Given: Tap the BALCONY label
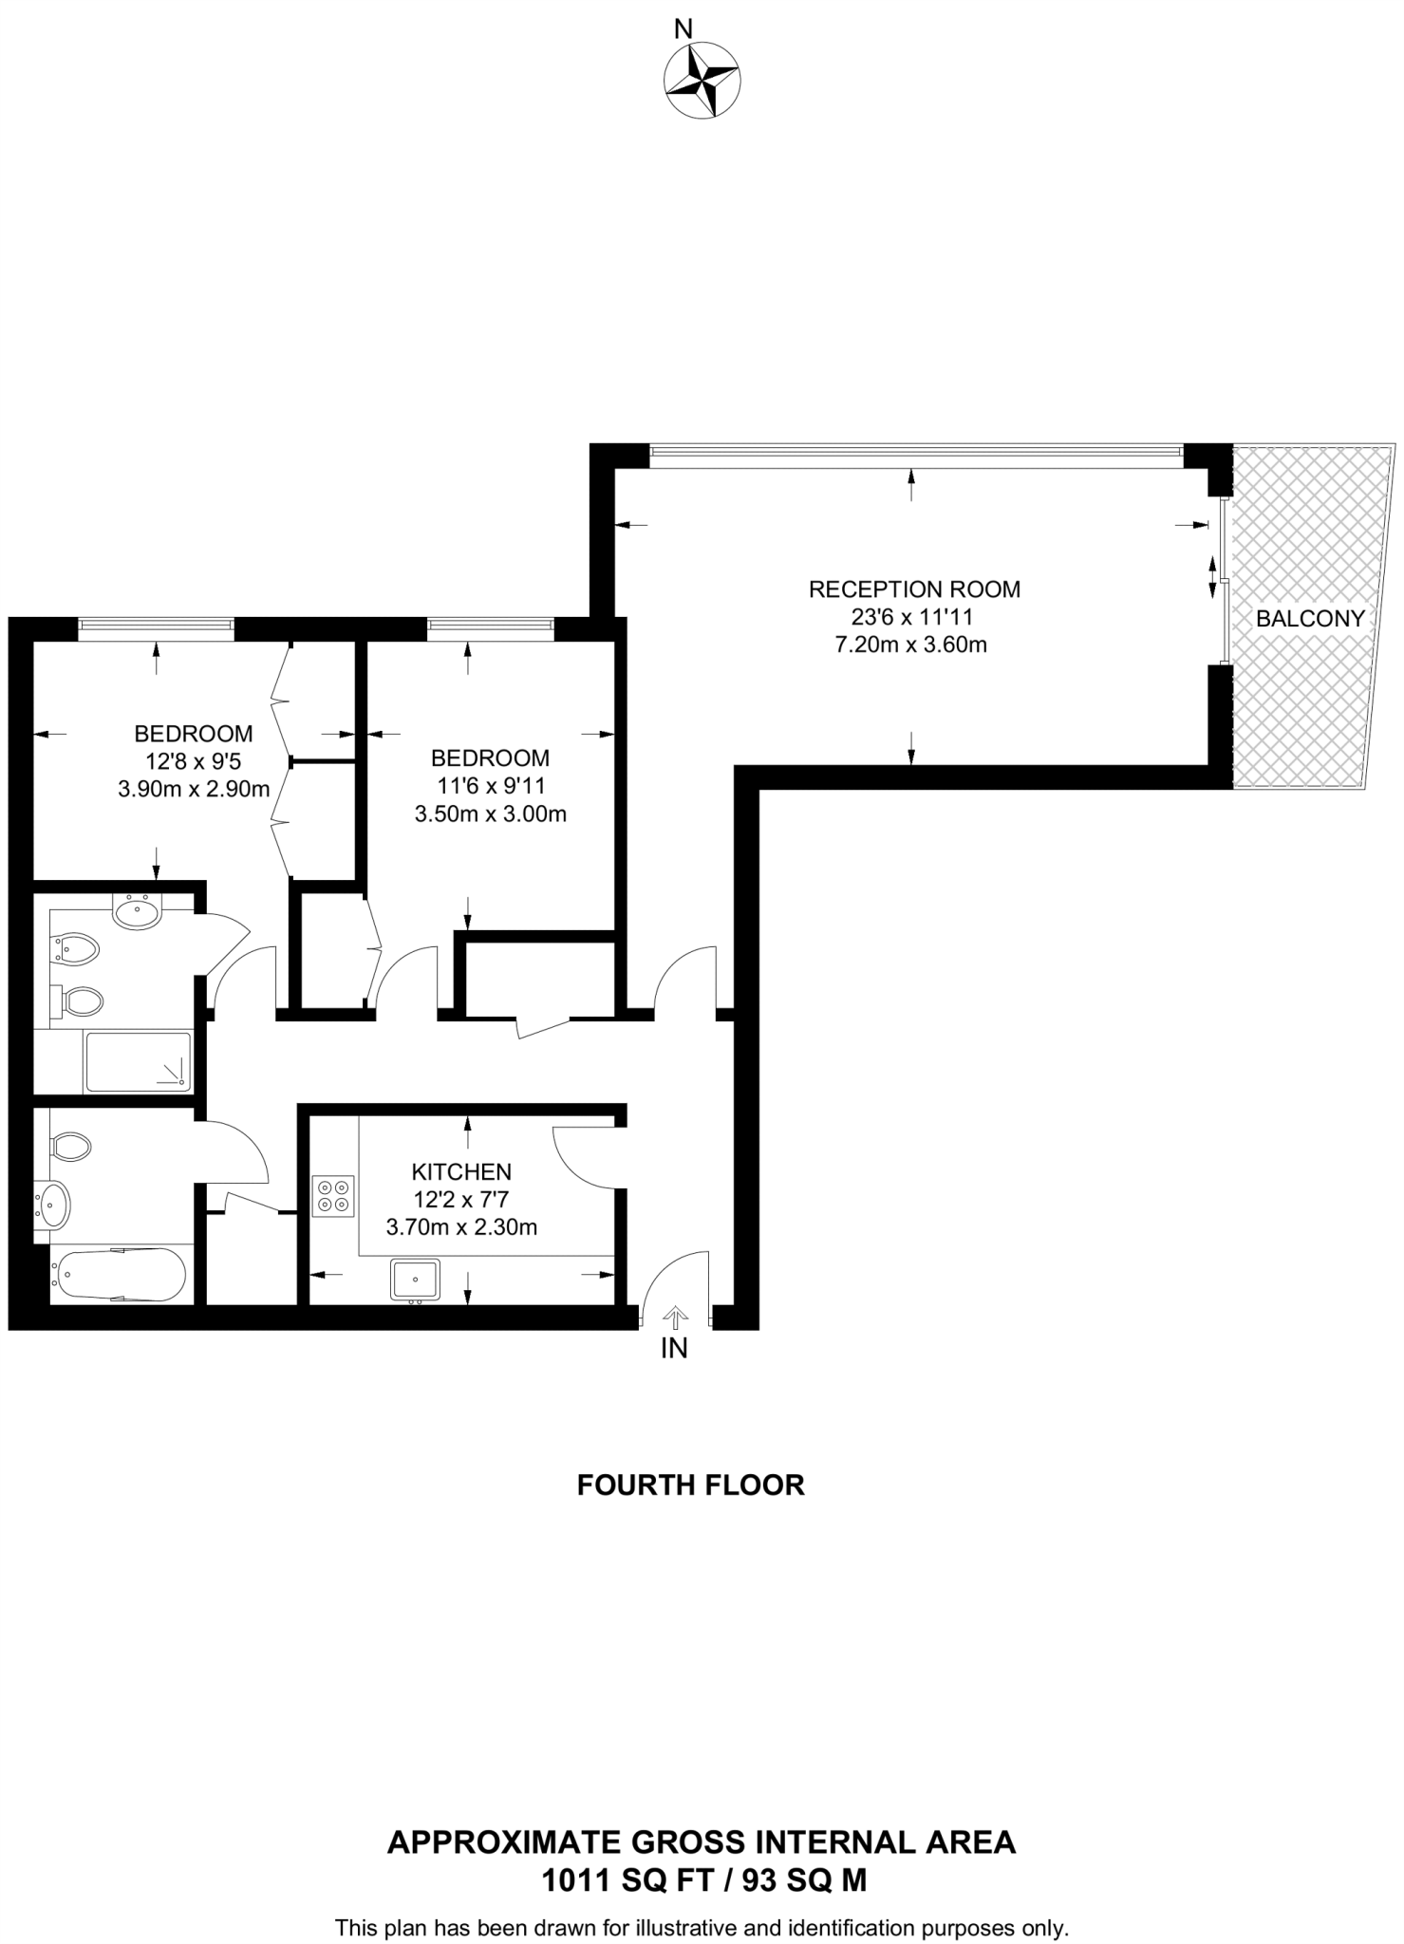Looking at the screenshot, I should click(x=1309, y=619).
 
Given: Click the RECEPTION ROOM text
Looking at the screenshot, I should click(x=913, y=589).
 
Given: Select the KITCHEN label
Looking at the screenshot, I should click(x=461, y=1171).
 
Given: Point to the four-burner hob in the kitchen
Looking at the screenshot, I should click(x=333, y=1196).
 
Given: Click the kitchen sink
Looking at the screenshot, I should click(x=415, y=1280).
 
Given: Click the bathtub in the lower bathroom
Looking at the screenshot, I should click(x=120, y=1275).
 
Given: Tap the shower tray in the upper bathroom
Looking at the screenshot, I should click(x=138, y=1061).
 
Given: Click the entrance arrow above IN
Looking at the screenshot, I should click(x=675, y=1318).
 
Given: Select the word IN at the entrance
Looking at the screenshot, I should click(x=674, y=1348).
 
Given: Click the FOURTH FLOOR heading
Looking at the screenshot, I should click(x=690, y=1485).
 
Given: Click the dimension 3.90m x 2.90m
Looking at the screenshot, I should click(x=194, y=789).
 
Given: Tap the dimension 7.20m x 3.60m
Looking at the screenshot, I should click(x=910, y=645).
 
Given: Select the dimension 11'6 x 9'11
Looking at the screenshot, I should click(x=489, y=786).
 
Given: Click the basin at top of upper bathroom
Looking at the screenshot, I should click(x=138, y=913).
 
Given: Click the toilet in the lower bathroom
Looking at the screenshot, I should click(x=70, y=1147).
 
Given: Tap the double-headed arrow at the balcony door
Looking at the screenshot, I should click(x=1211, y=576).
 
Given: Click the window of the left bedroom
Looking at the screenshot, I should click(x=157, y=625).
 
